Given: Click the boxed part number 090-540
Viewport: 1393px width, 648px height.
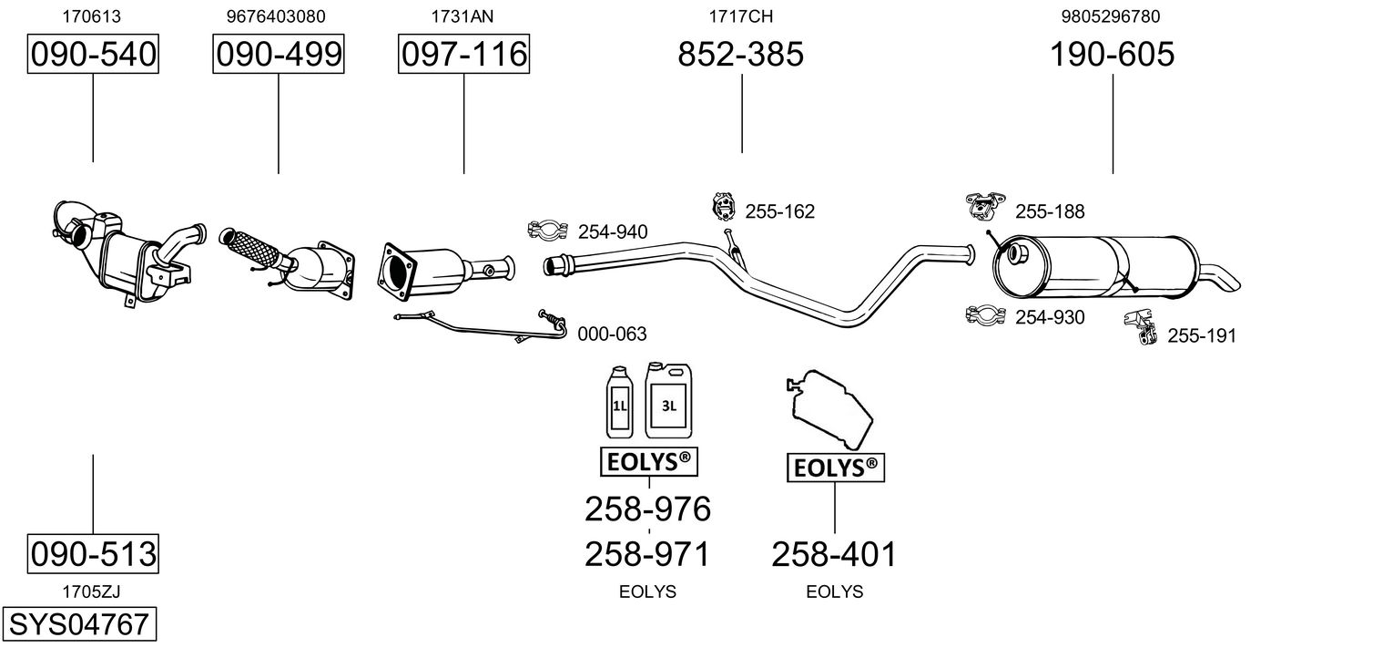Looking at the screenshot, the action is coord(93,54).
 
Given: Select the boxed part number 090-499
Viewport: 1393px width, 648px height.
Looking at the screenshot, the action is coord(278,54).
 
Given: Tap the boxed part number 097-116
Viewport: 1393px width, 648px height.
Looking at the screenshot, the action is coord(464,54).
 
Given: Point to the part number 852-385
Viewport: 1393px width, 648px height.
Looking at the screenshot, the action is coord(740,54).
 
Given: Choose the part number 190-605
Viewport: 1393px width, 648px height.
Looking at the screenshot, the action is coord(1112,54).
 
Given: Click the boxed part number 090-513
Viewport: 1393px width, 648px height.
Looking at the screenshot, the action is coord(93,553).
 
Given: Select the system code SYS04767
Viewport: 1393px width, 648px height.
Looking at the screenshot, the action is coord(79,623).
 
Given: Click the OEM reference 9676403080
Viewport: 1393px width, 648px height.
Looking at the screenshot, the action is coord(276,16).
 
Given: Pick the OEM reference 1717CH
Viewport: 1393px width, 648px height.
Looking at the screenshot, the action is coord(740,16).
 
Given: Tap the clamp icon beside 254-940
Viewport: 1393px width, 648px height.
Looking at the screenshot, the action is coord(547,231).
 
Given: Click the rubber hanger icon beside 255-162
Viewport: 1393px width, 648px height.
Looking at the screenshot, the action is coord(723,207).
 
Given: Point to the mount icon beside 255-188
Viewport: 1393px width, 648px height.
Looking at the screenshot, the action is coord(985,206).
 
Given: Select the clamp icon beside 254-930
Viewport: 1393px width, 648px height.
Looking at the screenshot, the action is coord(985,315).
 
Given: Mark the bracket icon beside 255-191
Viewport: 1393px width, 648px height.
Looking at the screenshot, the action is coord(1141,327).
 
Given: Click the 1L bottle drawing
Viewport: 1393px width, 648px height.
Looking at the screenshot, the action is coord(619,402).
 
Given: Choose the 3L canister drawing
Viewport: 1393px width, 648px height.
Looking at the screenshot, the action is coord(668,401).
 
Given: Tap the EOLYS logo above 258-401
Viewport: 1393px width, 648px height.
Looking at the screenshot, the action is coord(835,468).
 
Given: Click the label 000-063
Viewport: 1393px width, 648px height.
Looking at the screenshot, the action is coord(612,334).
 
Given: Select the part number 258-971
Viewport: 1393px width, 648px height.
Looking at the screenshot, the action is coord(646,554).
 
